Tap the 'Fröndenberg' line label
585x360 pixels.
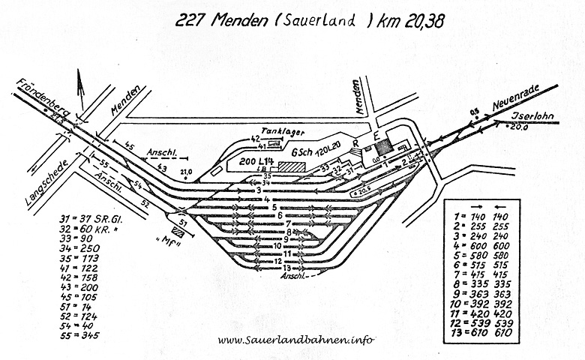[x=44, y=97]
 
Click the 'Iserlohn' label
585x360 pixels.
[x=533, y=118]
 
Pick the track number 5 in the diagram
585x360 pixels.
[x=277, y=206]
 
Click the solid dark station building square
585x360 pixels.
[x=383, y=147]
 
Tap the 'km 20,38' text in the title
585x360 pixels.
[x=409, y=22]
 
